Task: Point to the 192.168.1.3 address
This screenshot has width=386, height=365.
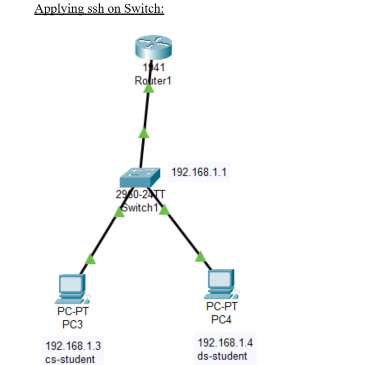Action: (x=73, y=346)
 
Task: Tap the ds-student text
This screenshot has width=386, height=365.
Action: (x=222, y=356)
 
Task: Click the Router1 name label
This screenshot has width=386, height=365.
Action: (x=153, y=81)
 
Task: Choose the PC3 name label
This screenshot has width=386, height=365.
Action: (x=72, y=324)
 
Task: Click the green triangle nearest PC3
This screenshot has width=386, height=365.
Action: (x=91, y=259)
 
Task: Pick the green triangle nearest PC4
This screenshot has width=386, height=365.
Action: (x=200, y=256)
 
